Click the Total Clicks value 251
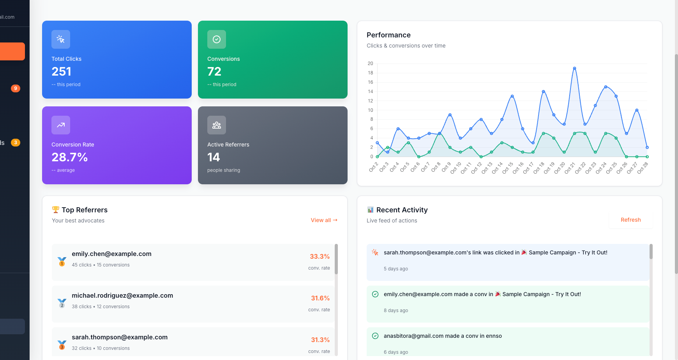pyautogui.click(x=62, y=72)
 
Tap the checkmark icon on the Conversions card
pyautogui.click(x=217, y=39)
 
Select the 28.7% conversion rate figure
pyautogui.click(x=70, y=157)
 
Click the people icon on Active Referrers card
pyautogui.click(x=217, y=125)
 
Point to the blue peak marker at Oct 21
pyautogui.click(x=574, y=68)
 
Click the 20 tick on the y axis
pyautogui.click(x=370, y=64)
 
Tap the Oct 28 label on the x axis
pyautogui.click(x=643, y=168)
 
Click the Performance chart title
pyautogui.click(x=388, y=35)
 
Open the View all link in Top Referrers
pyautogui.click(x=324, y=220)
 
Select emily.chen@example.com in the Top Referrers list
pyautogui.click(x=111, y=254)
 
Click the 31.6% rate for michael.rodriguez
pyautogui.click(x=320, y=298)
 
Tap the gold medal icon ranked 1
pyautogui.click(x=62, y=261)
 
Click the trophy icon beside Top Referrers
pyautogui.click(x=56, y=210)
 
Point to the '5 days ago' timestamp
pyautogui.click(x=396, y=269)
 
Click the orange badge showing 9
pyautogui.click(x=16, y=88)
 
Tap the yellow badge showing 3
pyautogui.click(x=16, y=143)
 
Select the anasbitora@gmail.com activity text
pyautogui.click(x=443, y=336)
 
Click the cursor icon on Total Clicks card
pyautogui.click(x=61, y=39)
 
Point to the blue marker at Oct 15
pyautogui.click(x=512, y=96)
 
